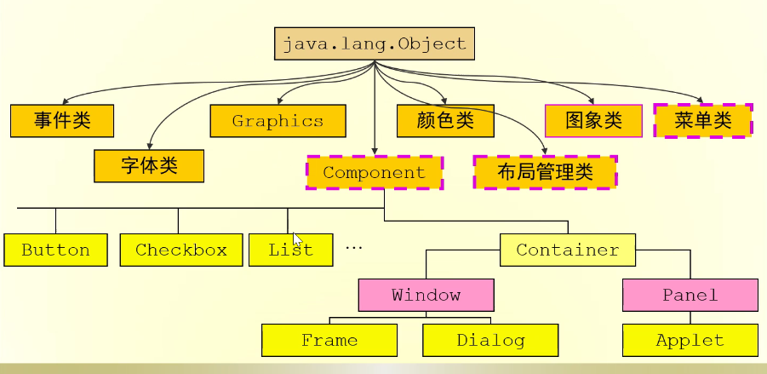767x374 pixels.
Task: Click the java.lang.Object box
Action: [374, 43]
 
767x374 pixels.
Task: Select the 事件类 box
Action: [62, 121]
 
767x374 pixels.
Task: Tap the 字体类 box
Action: [149, 165]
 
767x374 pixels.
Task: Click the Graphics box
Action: [278, 121]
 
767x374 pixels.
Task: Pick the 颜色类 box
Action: [445, 121]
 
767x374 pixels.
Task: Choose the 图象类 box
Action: [593, 121]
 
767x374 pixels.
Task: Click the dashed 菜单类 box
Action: [703, 121]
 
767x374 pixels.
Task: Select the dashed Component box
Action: [374, 173]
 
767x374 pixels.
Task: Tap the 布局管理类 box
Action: [545, 172]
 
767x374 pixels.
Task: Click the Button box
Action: [56, 250]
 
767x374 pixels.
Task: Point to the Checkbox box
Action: [181, 250]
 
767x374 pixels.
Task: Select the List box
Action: [290, 250]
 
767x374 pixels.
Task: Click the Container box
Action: [568, 250]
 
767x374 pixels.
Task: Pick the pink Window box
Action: [426, 296]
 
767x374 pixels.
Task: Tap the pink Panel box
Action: [690, 296]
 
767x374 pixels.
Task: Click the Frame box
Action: [329, 341]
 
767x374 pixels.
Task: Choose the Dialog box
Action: [490, 341]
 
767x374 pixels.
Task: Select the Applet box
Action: [690, 341]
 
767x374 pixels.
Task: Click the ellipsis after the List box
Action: [354, 247]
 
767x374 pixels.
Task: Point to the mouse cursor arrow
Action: [297, 239]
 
